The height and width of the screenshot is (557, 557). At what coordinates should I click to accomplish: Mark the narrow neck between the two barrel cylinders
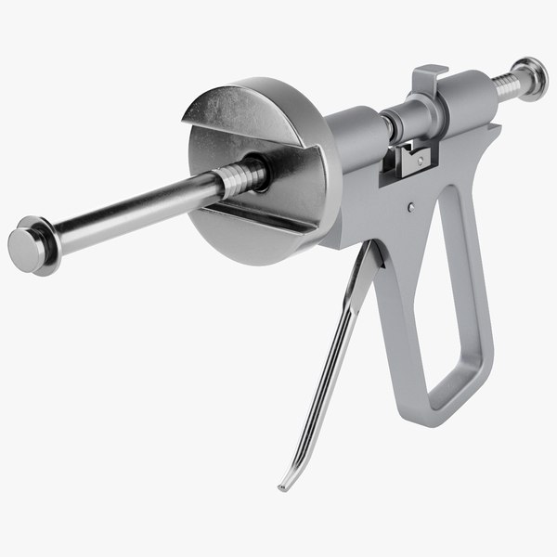coord(391,121)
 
